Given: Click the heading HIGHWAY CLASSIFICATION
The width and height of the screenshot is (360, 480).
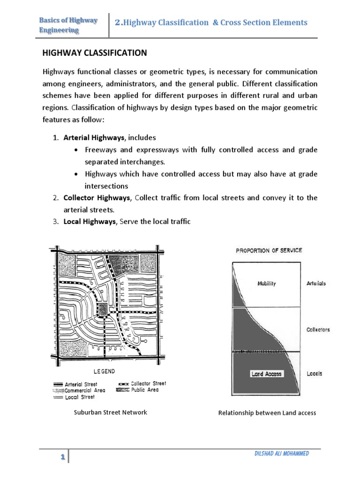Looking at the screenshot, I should point(95,53).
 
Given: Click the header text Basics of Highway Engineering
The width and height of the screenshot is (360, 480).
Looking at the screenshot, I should point(68,25).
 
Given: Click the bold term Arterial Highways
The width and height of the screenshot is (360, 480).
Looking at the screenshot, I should point(94,137).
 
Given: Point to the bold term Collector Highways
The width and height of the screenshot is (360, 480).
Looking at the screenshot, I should point(97,197).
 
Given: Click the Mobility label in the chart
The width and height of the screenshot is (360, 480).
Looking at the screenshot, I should point(267,283).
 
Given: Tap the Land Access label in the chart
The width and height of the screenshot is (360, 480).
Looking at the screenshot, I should point(266,374).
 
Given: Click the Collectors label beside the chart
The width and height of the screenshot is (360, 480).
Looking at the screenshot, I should point(318,330).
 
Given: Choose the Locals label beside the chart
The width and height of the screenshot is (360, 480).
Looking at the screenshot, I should point(314,374).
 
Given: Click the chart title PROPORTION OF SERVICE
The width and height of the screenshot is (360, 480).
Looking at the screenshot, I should point(269,250).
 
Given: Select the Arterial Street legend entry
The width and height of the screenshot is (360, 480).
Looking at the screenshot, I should point(82,384).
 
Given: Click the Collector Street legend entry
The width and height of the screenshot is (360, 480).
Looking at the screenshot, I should point(148,383).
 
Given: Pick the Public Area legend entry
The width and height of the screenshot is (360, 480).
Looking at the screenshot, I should point(144,390).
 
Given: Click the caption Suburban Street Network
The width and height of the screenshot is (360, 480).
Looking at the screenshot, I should point(111,412).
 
